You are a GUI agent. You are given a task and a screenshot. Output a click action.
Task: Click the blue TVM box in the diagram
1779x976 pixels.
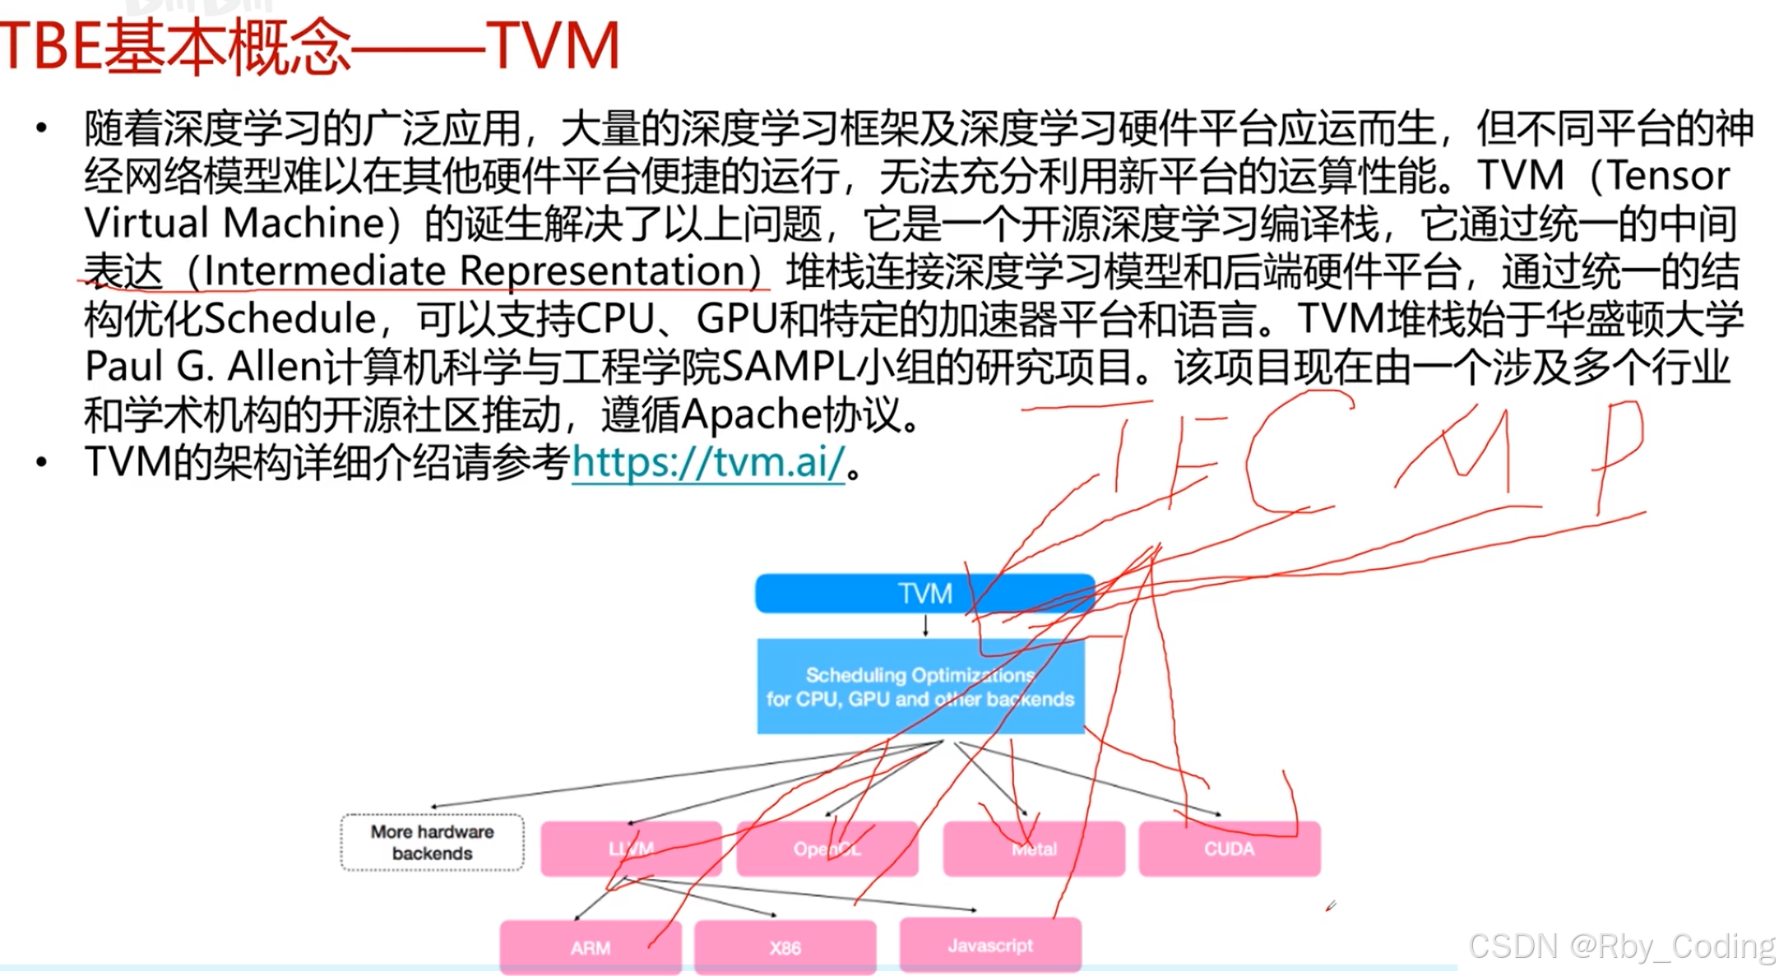pos(924,593)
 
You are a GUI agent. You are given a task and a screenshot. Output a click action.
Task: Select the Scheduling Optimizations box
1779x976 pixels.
pos(920,686)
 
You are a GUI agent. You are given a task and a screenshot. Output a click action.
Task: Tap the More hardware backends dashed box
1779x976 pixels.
pos(432,842)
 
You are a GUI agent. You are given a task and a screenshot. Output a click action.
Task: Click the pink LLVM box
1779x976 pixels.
pos(631,849)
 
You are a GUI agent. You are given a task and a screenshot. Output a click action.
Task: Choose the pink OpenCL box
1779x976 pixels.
pos(827,849)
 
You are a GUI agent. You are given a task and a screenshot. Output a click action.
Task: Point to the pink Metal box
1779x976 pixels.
pos(1034,849)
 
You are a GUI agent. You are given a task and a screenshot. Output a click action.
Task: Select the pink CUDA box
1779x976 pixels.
pos(1229,849)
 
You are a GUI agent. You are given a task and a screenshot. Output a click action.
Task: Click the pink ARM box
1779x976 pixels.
pos(590,947)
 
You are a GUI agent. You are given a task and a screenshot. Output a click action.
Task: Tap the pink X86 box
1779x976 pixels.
pos(785,947)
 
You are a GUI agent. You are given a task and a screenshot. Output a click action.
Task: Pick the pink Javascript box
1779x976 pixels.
pos(990,946)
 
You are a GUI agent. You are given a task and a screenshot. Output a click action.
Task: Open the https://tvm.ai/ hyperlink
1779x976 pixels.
pos(708,462)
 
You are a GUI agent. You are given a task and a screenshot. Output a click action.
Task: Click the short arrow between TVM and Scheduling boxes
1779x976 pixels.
pos(925,626)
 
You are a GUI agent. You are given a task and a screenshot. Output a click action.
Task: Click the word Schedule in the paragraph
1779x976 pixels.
pos(289,319)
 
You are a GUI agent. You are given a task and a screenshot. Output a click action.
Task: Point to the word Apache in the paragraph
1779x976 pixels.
pos(752,414)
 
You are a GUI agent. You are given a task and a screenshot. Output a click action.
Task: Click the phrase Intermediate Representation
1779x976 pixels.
pos(474,271)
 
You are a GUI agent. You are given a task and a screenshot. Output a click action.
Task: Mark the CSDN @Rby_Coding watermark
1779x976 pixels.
pos(1621,946)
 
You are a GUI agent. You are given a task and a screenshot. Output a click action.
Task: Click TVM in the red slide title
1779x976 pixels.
pos(552,46)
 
